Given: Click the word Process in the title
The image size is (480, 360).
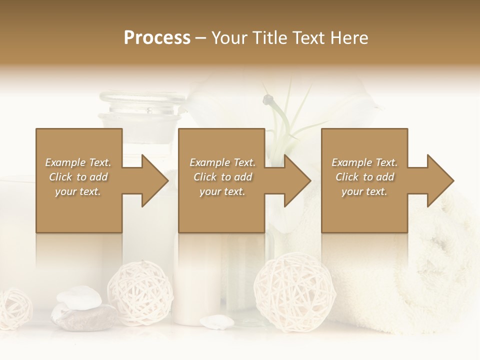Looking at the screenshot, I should [157, 38].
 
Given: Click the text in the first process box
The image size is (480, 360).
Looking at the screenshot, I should [78, 177].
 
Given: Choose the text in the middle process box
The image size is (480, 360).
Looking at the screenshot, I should [222, 177].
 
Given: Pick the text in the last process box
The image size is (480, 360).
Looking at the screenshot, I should [364, 177].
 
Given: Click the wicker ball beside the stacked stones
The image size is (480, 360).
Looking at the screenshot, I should [140, 292].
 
